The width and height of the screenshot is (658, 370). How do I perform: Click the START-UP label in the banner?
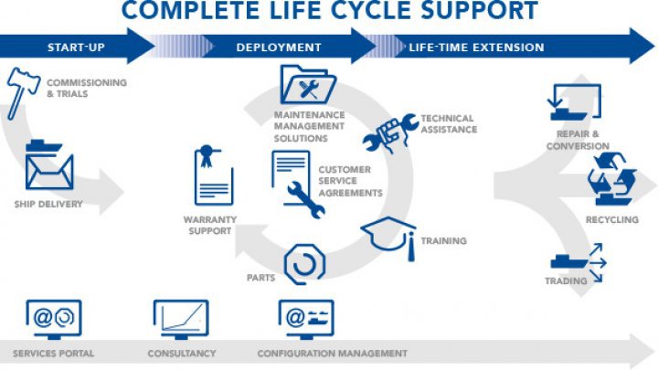pyautogui.click(x=76, y=47)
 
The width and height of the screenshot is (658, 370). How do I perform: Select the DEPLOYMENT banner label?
pyautogui.click(x=279, y=47)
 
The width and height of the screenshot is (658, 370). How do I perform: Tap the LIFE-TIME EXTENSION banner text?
pyautogui.click(x=476, y=47)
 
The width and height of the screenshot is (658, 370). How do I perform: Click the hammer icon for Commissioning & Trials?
pyautogui.click(x=21, y=92)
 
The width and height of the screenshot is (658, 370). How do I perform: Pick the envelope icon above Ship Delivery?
pyautogui.click(x=49, y=165)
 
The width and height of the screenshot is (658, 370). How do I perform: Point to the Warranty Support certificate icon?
pyautogui.click(x=214, y=174)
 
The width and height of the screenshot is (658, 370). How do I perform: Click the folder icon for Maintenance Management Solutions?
pyautogui.click(x=308, y=84)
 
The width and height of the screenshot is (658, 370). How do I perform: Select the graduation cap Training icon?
pyautogui.click(x=388, y=237)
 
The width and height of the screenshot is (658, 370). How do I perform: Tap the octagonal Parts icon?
pyautogui.click(x=304, y=264)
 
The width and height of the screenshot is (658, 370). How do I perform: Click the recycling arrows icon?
pyautogui.click(x=612, y=179)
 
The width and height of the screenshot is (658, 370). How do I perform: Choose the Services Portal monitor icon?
pyautogui.click(x=54, y=320)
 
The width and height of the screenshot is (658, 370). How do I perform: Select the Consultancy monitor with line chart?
pyautogui.click(x=181, y=320)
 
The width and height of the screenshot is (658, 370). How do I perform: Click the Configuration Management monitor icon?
pyautogui.click(x=306, y=320)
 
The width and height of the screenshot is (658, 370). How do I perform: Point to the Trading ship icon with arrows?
pyautogui.click(x=578, y=262)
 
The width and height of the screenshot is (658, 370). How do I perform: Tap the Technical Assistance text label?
pyautogui.click(x=449, y=123)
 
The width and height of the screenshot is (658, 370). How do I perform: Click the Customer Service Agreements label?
pyautogui.click(x=350, y=181)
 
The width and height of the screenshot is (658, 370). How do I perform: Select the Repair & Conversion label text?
pyautogui.click(x=578, y=140)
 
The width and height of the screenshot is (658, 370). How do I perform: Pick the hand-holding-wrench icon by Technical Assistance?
pyautogui.click(x=390, y=132)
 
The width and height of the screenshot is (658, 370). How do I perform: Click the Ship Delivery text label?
pyautogui.click(x=48, y=204)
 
